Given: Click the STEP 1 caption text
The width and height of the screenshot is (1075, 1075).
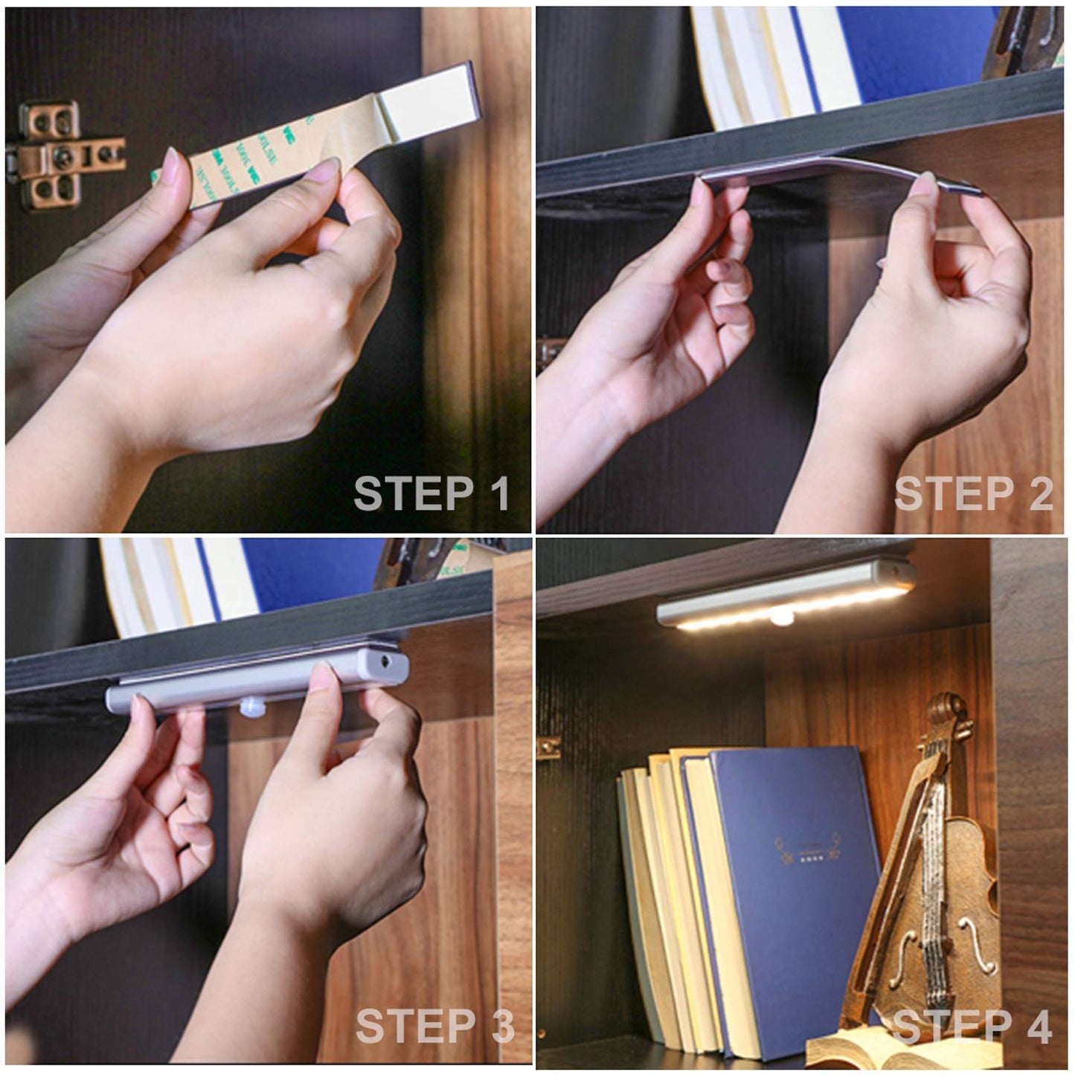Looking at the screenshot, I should tap(431, 493).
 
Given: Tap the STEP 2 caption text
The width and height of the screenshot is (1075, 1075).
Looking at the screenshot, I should tap(973, 493).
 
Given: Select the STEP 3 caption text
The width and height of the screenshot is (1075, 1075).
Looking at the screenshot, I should tap(434, 1027).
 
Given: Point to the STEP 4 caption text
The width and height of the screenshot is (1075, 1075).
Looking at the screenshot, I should tap(972, 1027).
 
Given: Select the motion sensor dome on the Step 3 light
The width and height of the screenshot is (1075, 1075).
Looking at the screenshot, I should tap(253, 707).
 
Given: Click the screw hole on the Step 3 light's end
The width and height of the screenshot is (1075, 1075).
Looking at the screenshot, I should tap(386, 661).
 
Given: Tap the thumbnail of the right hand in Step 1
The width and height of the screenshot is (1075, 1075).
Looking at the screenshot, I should tap(322, 170).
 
